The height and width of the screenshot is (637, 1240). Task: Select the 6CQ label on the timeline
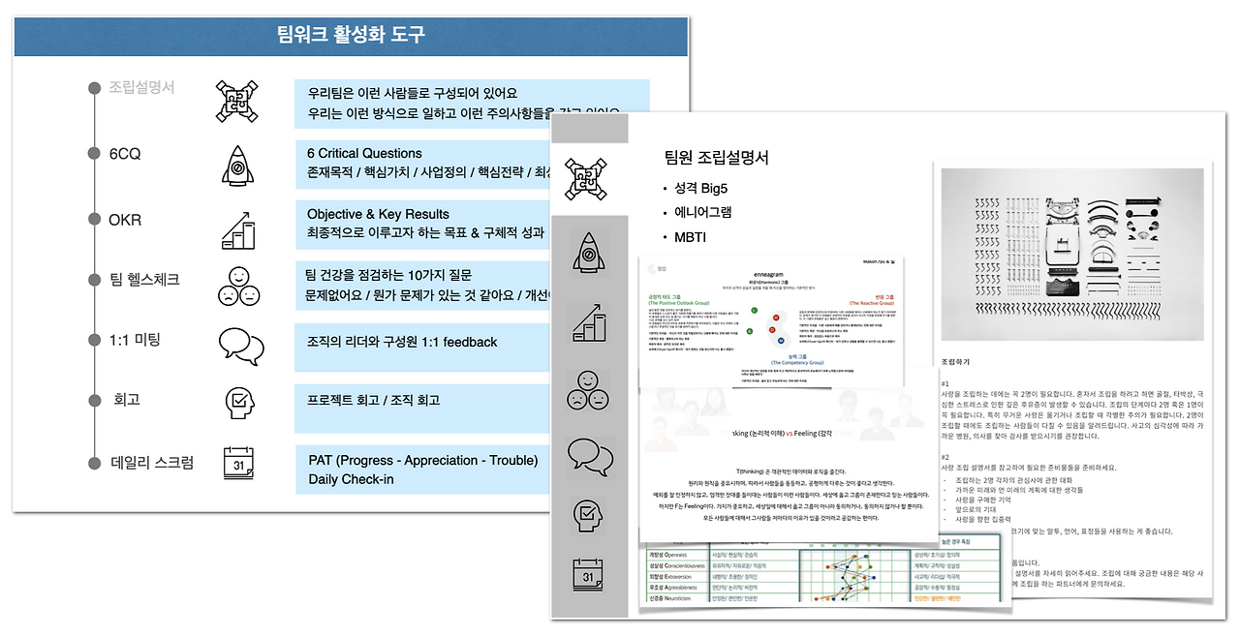pyautogui.click(x=125, y=154)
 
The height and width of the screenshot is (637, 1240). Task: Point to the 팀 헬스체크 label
pyautogui.click(x=144, y=279)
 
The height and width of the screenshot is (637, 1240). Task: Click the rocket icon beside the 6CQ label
pyautogui.click(x=238, y=165)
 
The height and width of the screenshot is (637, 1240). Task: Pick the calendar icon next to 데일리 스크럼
pyautogui.click(x=238, y=464)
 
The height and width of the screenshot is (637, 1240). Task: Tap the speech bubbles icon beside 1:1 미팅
pyautogui.click(x=239, y=346)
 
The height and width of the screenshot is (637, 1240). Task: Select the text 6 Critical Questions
pyautogui.click(x=364, y=153)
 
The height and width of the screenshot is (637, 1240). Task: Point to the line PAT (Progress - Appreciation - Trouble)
pyautogui.click(x=422, y=461)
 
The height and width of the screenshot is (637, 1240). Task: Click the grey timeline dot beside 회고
pyautogui.click(x=94, y=400)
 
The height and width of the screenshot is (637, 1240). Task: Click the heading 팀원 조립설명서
pyautogui.click(x=716, y=158)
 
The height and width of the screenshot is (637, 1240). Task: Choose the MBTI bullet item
pyautogui.click(x=695, y=237)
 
